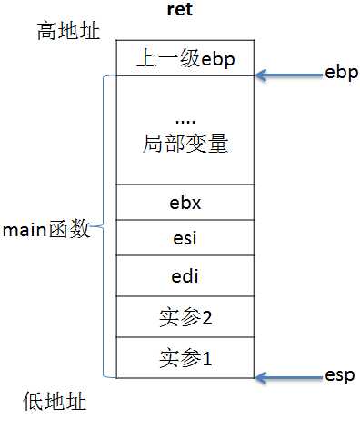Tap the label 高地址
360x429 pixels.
68,32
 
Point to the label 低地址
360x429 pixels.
55,402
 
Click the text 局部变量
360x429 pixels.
185,143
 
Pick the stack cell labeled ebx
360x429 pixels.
185,202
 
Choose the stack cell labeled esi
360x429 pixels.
185,239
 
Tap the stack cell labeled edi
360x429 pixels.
185,275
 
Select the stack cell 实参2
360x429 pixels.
185,317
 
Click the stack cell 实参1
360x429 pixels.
185,357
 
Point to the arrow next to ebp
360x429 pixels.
285,75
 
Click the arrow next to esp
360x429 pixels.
285,376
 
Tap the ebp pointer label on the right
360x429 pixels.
341,72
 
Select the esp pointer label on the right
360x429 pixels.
341,374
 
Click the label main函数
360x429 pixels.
46,229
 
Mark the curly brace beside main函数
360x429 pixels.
104,227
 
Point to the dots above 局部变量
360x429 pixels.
185,120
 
